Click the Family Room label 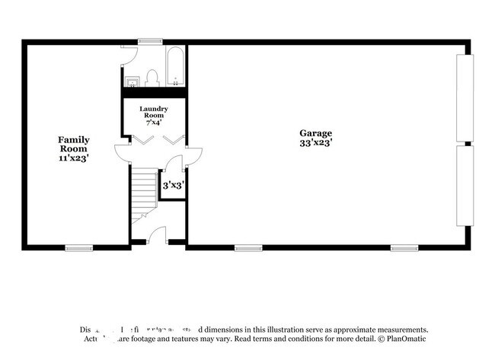click(74, 144)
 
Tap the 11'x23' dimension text click(74, 158)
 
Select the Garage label click(315, 133)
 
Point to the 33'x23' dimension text click(315, 142)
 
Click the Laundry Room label click(153, 112)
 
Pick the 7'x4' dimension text click(153, 122)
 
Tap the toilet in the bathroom click(152, 78)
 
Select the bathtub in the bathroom click(174, 68)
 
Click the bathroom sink click(133, 80)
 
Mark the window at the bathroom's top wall click(149, 41)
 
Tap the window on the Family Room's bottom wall click(78, 247)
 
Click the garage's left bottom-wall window click(248, 247)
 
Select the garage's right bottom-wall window click(404, 247)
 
